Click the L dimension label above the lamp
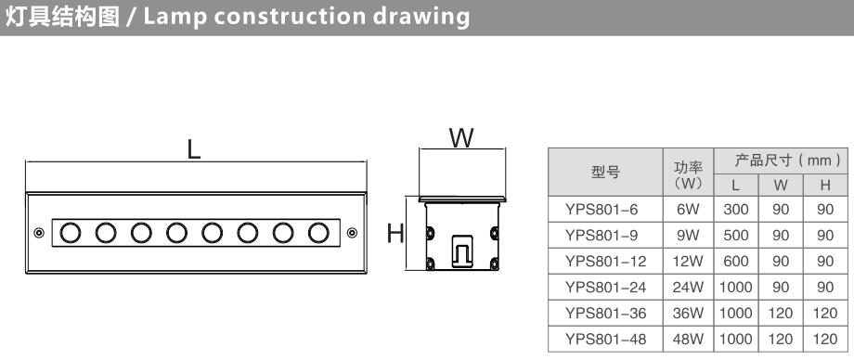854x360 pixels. click(x=194, y=148)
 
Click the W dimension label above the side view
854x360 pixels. click(x=461, y=138)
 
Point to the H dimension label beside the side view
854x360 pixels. click(x=395, y=234)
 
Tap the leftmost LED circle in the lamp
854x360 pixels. click(x=71, y=233)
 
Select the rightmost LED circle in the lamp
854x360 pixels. click(x=318, y=233)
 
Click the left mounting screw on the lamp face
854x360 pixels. click(x=39, y=233)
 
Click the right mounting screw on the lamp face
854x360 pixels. click(x=353, y=233)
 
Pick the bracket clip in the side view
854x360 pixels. click(x=462, y=251)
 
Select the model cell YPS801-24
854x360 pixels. click(x=605, y=287)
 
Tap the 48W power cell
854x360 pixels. click(x=688, y=340)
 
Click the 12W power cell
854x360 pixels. click(x=688, y=262)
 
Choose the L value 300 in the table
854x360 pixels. click(x=736, y=209)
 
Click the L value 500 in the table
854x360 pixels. click(x=736, y=236)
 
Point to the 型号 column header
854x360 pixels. click(x=605, y=172)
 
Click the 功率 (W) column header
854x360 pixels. click(x=688, y=174)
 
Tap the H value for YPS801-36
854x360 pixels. click(x=825, y=314)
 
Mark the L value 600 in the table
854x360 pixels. click(x=736, y=262)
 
